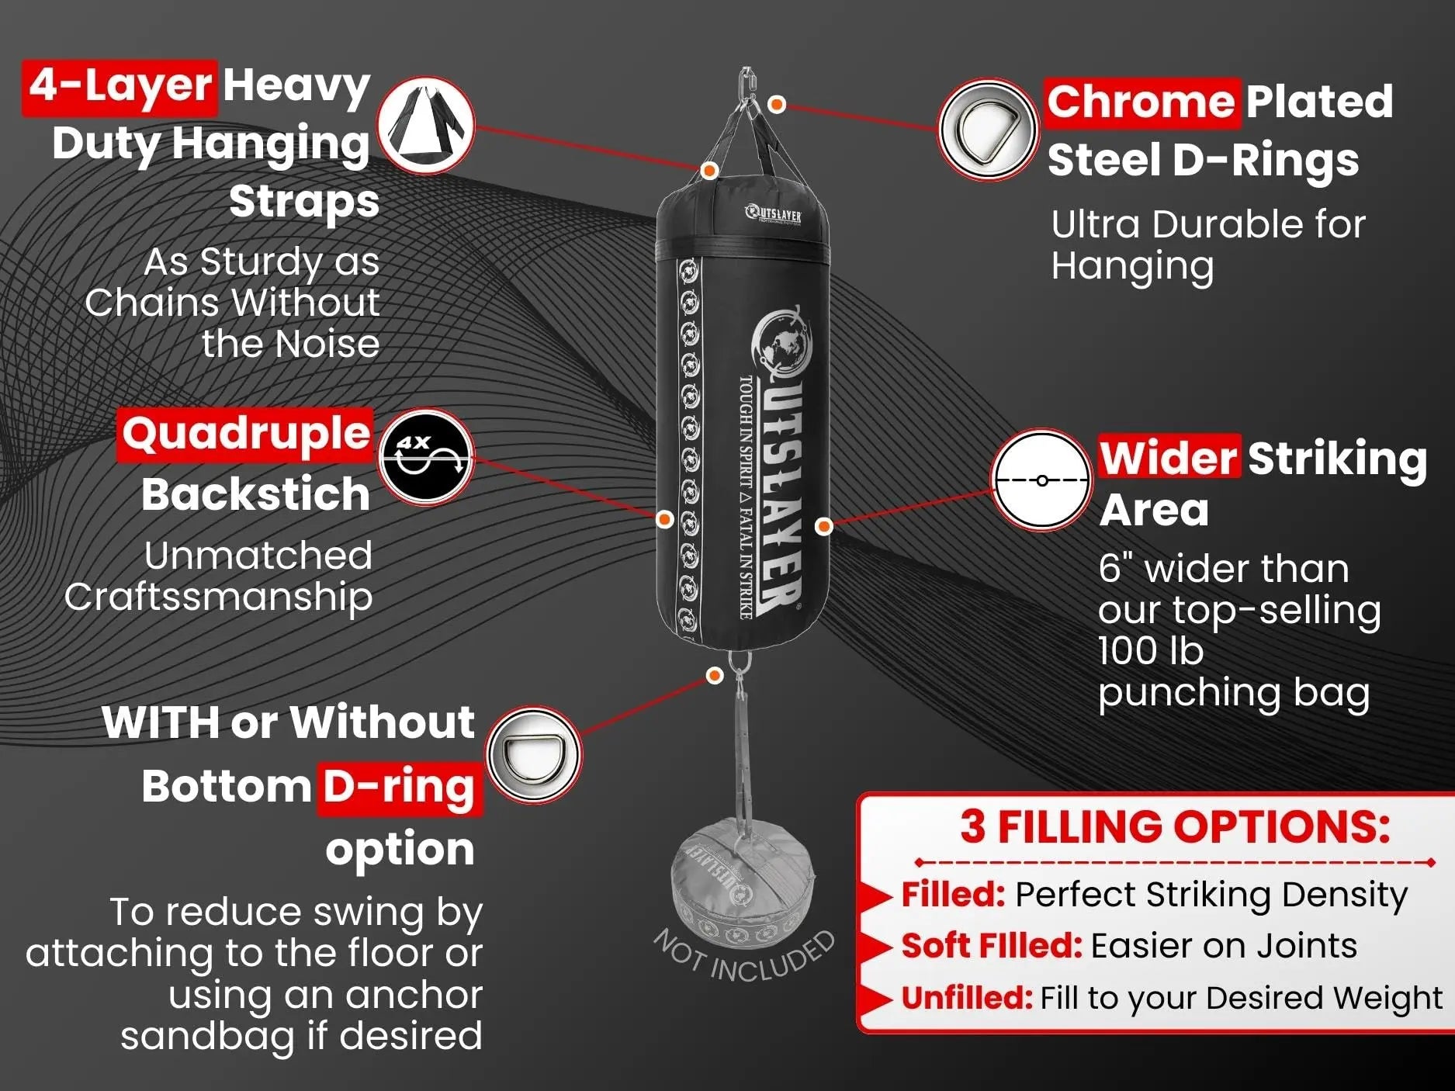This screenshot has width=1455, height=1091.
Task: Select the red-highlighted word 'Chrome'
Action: [1139, 101]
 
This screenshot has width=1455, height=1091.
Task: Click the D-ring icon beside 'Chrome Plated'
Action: [987, 130]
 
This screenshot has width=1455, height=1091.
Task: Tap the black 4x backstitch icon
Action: [425, 457]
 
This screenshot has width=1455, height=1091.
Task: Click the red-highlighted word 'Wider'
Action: [1168, 458]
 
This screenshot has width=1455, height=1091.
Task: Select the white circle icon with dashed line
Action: [1042, 480]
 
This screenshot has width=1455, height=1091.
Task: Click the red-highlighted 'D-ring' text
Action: [399, 787]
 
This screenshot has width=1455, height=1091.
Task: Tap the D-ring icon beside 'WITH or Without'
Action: [534, 754]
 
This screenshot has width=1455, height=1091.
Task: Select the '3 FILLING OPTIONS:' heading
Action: [1174, 826]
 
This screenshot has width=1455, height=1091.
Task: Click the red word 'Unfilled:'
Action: [966, 997]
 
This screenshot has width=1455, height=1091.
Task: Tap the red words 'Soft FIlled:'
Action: [991, 945]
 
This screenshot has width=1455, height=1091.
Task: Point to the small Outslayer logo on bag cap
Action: [773, 214]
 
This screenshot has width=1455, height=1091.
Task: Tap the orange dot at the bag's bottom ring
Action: [715, 676]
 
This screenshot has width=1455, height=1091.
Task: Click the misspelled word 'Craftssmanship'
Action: [218, 597]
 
